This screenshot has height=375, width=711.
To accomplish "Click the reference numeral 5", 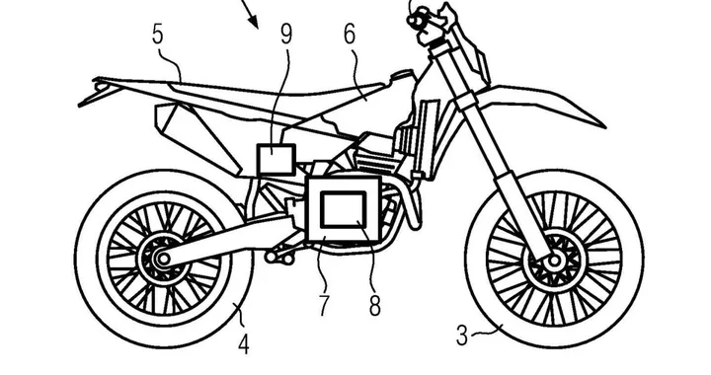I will (157, 35).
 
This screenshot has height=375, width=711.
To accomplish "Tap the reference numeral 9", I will (285, 35).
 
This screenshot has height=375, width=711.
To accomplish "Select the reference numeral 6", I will (349, 35).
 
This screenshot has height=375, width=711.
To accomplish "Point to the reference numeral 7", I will (323, 305).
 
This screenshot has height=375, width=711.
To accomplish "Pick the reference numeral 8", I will (374, 305).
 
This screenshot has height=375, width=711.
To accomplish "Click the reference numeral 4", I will (242, 344).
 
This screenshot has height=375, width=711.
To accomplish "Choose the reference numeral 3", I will (462, 336).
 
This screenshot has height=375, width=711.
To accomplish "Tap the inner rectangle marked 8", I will (343, 209).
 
